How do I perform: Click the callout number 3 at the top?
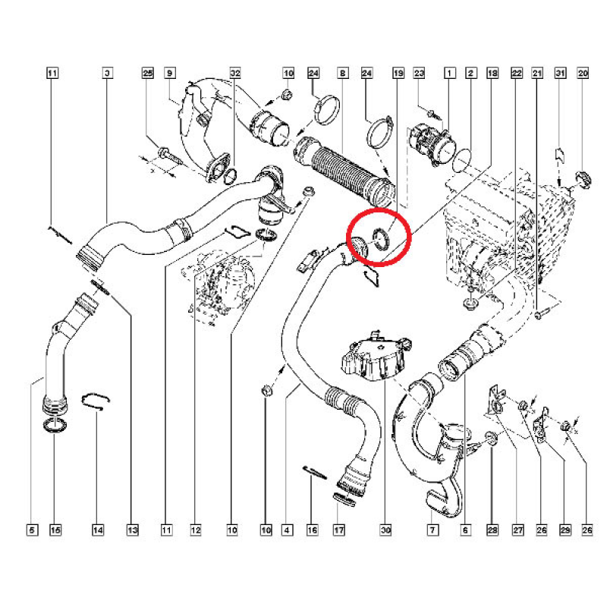click(x=106, y=74)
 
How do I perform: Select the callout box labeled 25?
click(x=148, y=74)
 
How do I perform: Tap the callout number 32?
click(x=235, y=74)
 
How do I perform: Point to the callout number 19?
click(x=398, y=74)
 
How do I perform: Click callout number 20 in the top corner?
click(x=583, y=74)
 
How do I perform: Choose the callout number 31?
click(x=561, y=74)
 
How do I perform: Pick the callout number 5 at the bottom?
click(x=32, y=530)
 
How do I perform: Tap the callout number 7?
click(x=432, y=530)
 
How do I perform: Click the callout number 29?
click(x=565, y=530)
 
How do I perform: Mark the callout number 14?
click(x=98, y=530)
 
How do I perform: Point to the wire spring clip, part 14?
click(x=96, y=401)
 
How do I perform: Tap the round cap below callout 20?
click(x=583, y=181)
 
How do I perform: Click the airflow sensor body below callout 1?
click(x=423, y=141)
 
